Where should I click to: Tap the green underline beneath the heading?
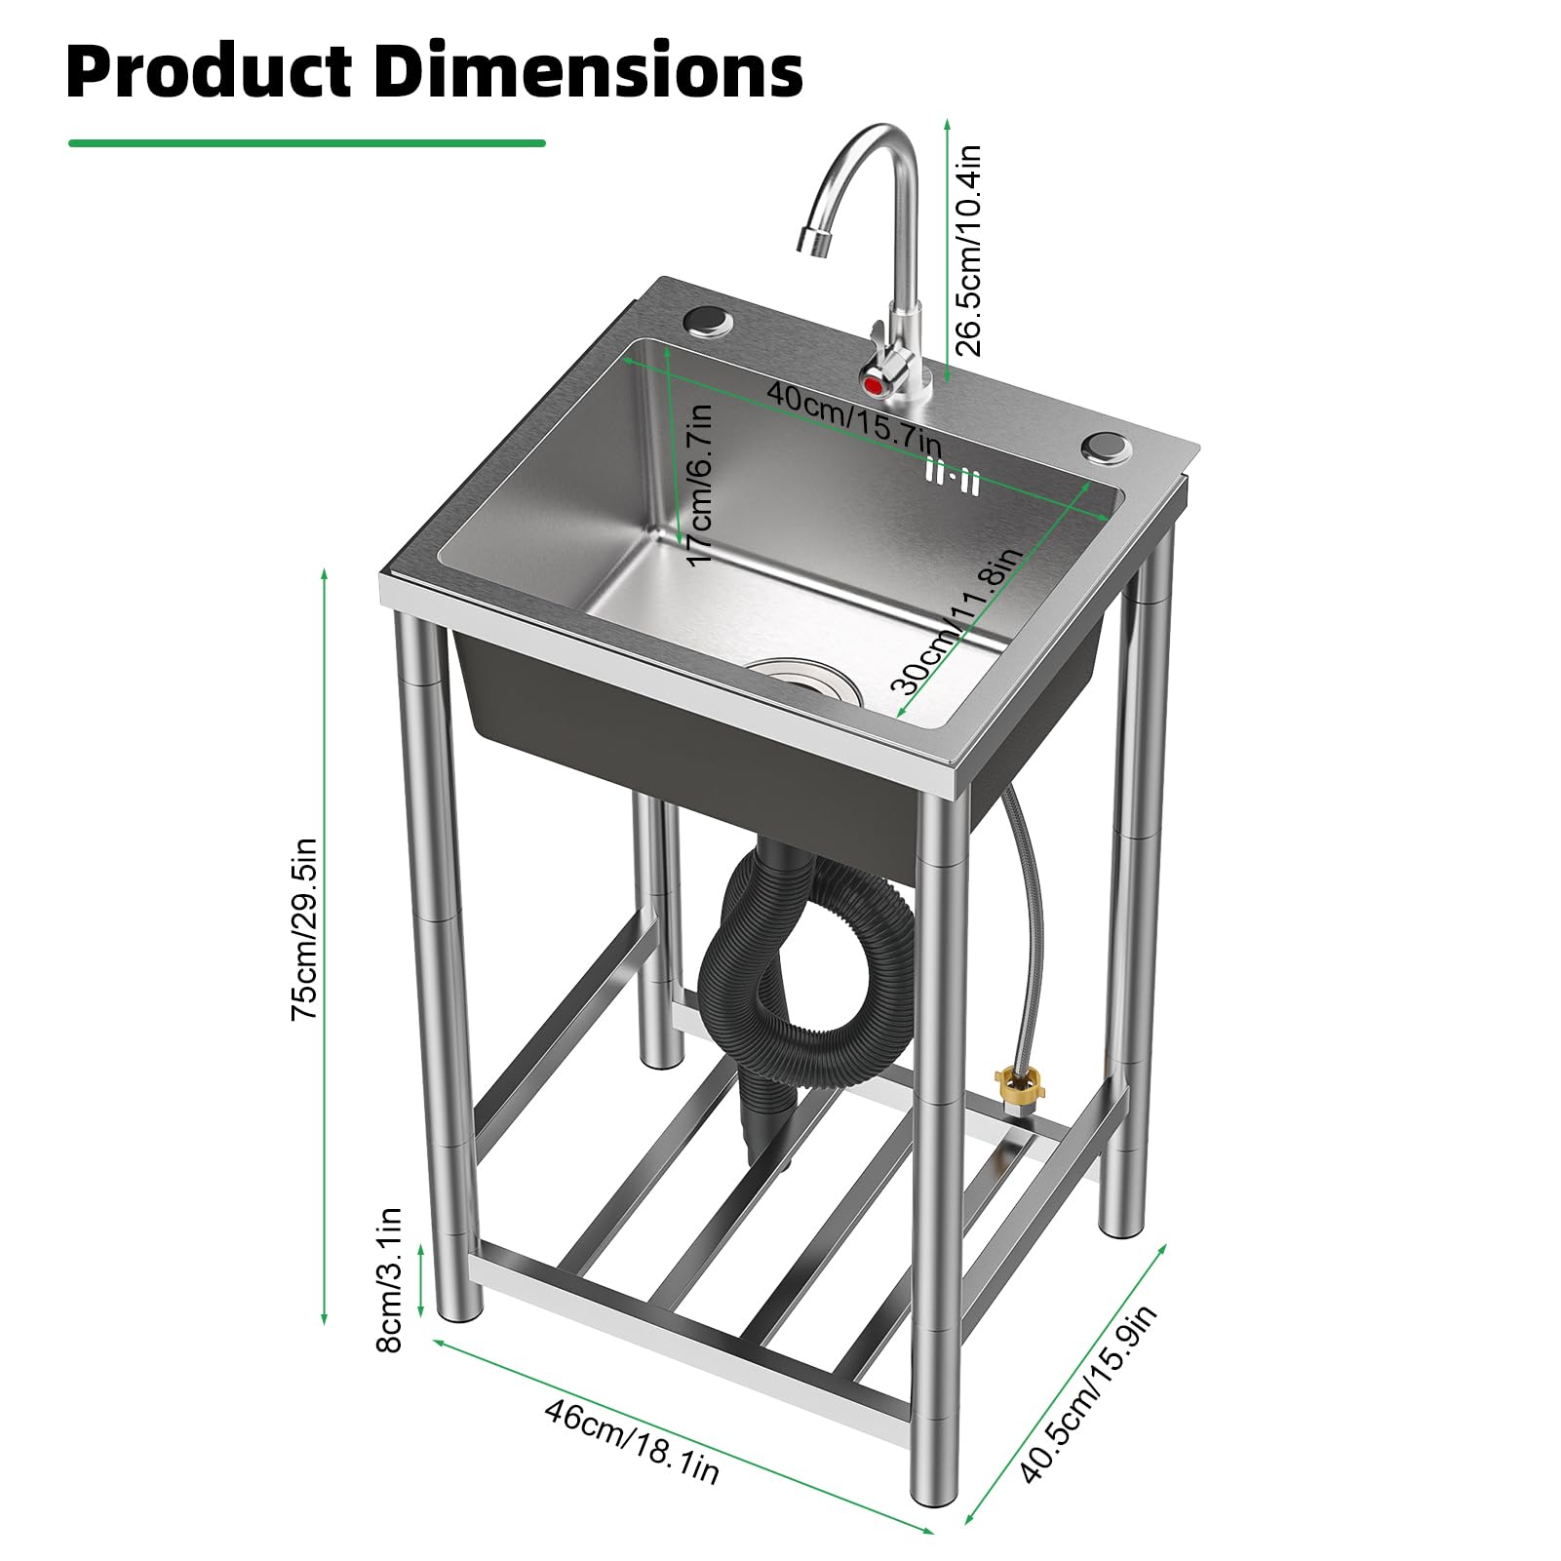click(306, 143)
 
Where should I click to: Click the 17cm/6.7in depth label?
click(700, 483)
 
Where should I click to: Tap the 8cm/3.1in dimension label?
click(388, 1279)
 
